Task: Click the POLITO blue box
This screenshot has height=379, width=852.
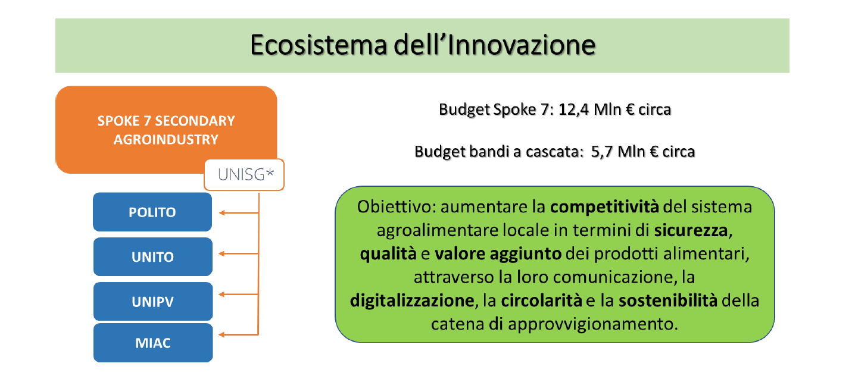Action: click(152, 212)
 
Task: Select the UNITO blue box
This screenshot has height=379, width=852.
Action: click(153, 256)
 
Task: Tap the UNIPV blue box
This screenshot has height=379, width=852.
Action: click(153, 302)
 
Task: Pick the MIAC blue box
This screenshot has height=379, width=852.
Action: click(153, 343)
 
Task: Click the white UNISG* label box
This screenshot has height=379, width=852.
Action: click(244, 174)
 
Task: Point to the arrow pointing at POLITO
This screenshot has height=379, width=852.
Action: click(239, 212)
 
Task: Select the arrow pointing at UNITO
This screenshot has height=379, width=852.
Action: click(239, 253)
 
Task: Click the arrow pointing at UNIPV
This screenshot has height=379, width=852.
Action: click(239, 295)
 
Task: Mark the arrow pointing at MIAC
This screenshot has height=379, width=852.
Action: click(239, 334)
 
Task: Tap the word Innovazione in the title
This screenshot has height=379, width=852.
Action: click(522, 45)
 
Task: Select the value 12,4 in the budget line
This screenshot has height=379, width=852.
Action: click(573, 109)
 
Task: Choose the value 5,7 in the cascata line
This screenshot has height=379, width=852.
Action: click(602, 152)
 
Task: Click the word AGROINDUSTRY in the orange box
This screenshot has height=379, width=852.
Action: click(166, 139)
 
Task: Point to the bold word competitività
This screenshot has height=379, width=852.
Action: click(604, 207)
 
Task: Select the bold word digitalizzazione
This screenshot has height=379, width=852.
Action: click(412, 300)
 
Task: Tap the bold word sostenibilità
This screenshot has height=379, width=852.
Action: click(668, 300)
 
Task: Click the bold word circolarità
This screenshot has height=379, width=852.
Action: click(541, 300)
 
